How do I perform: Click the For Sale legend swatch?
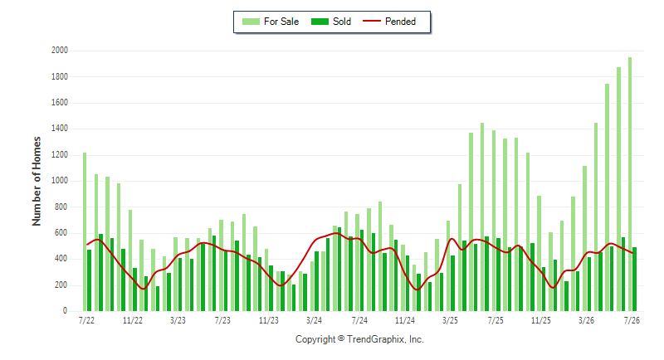tap(251, 22)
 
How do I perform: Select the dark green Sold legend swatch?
tap(320, 22)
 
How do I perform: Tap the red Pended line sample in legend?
tap(372, 21)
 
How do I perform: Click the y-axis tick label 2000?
tap(60, 51)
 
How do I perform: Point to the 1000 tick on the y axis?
tap(60, 181)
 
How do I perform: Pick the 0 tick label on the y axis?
tap(66, 311)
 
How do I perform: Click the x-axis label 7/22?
tap(86, 320)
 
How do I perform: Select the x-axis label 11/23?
tap(268, 320)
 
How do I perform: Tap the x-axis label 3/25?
tap(450, 320)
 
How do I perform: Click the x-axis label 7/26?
tap(632, 320)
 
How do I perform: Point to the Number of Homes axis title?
tap(37, 181)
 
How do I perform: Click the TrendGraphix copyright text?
tap(359, 339)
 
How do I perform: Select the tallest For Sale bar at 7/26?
tap(630, 184)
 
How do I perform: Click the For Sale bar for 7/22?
tap(85, 231)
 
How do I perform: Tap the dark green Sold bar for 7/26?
tap(634, 280)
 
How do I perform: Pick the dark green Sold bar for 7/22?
tap(90, 280)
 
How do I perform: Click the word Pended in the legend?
tap(400, 22)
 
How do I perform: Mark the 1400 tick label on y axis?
tap(60, 129)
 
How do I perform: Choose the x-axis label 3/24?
tap(314, 320)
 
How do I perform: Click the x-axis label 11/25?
tap(541, 320)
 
